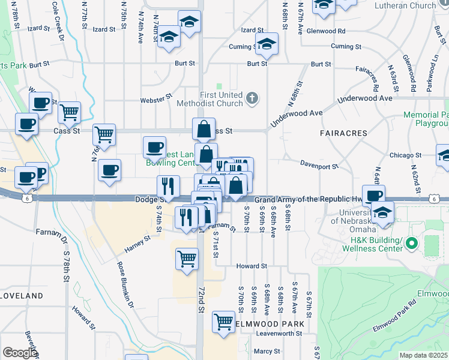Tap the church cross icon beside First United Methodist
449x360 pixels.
click(x=253, y=98)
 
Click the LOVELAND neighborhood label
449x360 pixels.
click(x=22, y=296)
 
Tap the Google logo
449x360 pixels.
click(x=19, y=352)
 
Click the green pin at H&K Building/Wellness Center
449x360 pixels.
click(x=411, y=244)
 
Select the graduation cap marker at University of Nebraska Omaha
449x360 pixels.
click(x=382, y=212)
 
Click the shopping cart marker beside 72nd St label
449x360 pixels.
click(x=187, y=259)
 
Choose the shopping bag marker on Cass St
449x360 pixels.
click(x=204, y=128)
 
